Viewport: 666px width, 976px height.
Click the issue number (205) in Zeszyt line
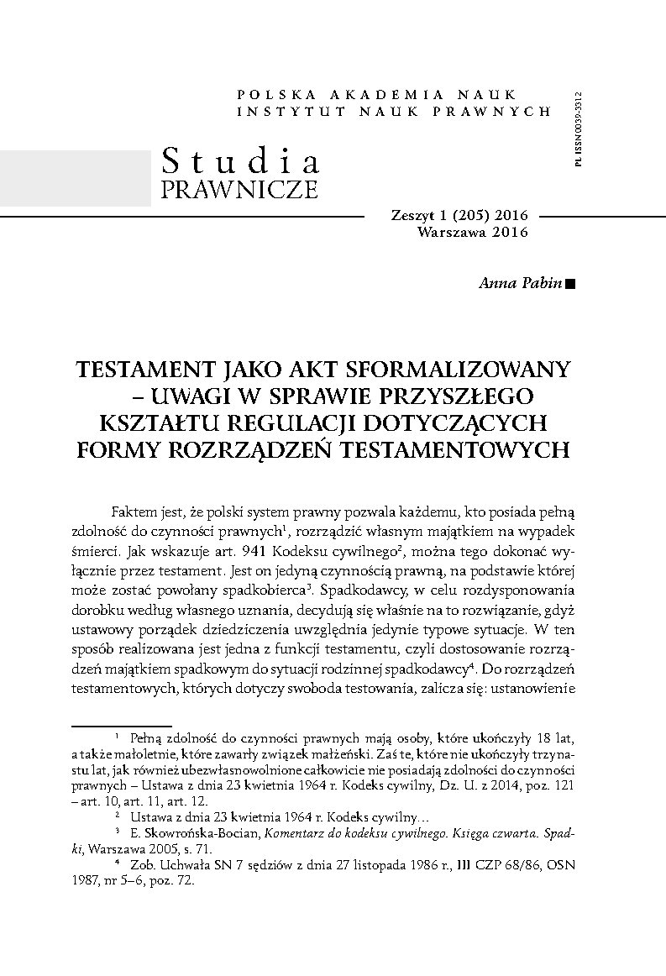[461, 215]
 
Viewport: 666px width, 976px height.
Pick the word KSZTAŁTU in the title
[165, 422]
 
